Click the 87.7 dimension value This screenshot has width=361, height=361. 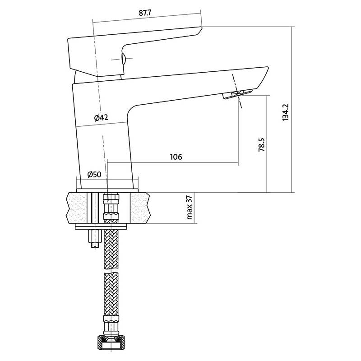click(145, 13)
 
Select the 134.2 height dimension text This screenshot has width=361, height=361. click(285, 112)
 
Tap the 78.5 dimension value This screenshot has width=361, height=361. click(262, 144)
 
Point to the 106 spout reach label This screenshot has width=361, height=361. click(176, 157)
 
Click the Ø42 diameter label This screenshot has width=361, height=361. click(101, 118)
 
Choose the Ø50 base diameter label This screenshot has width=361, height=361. click(94, 174)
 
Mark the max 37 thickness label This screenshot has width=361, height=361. click(189, 207)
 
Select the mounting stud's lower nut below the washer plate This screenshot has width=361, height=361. click(95, 239)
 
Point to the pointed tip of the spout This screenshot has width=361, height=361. click(268, 67)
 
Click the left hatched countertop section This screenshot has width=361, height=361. click(77, 208)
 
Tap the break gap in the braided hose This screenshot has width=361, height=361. click(111, 271)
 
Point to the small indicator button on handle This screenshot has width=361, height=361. click(123, 59)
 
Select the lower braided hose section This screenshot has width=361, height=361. click(111, 295)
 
